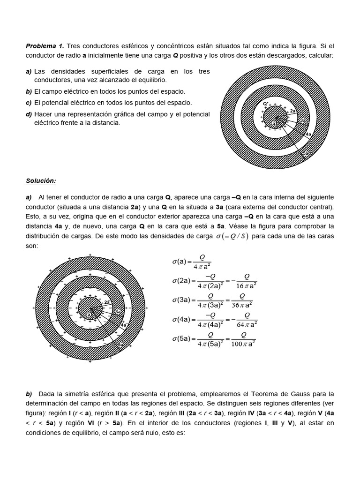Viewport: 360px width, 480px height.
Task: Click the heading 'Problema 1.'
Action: (x=45, y=46)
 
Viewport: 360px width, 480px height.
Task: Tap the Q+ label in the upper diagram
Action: (x=266, y=103)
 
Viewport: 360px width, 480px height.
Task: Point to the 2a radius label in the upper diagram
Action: (x=292, y=111)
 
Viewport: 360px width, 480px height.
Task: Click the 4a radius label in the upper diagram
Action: (x=308, y=135)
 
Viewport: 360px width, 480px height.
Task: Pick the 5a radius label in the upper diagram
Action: (x=305, y=153)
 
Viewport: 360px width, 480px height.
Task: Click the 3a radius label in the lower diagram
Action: (x=118, y=311)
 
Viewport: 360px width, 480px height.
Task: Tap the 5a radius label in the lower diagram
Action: (x=120, y=345)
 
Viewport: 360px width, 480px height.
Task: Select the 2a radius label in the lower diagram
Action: (x=107, y=303)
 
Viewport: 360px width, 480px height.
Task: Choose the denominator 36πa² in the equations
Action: (x=242, y=304)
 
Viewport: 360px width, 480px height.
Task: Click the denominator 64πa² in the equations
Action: (x=245, y=323)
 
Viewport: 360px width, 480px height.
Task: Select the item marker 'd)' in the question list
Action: (x=29, y=114)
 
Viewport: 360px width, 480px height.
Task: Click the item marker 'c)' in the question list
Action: (x=29, y=102)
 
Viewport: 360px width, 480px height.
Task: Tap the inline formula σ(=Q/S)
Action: (x=232, y=236)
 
